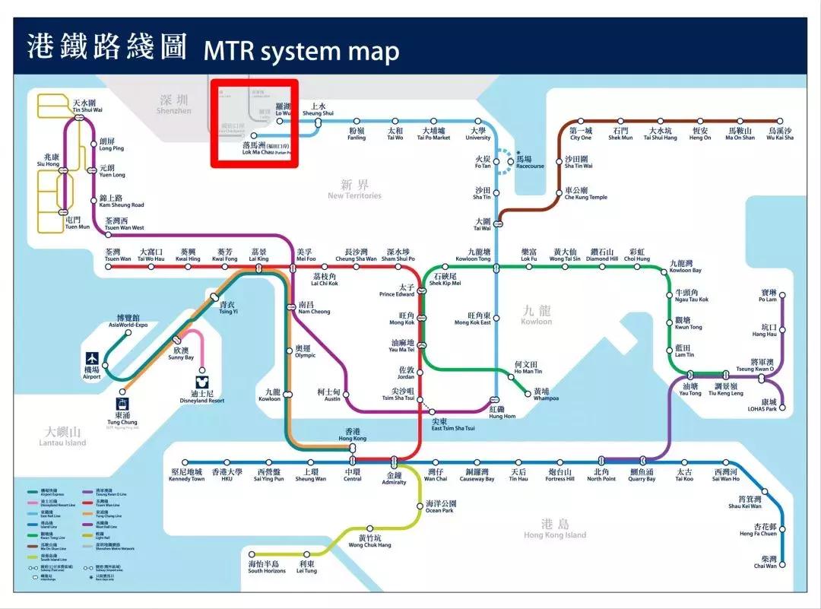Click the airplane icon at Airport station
click(x=92, y=357)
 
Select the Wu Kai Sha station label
click(x=779, y=134)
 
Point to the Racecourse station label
click(x=529, y=163)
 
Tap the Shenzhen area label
click(x=174, y=104)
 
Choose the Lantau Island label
click(x=64, y=436)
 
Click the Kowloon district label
click(x=537, y=315)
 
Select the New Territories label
click(x=354, y=189)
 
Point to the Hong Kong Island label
click(x=555, y=529)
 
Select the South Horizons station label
click(x=264, y=567)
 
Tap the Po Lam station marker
click(x=781, y=294)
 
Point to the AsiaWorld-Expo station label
click(x=128, y=320)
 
